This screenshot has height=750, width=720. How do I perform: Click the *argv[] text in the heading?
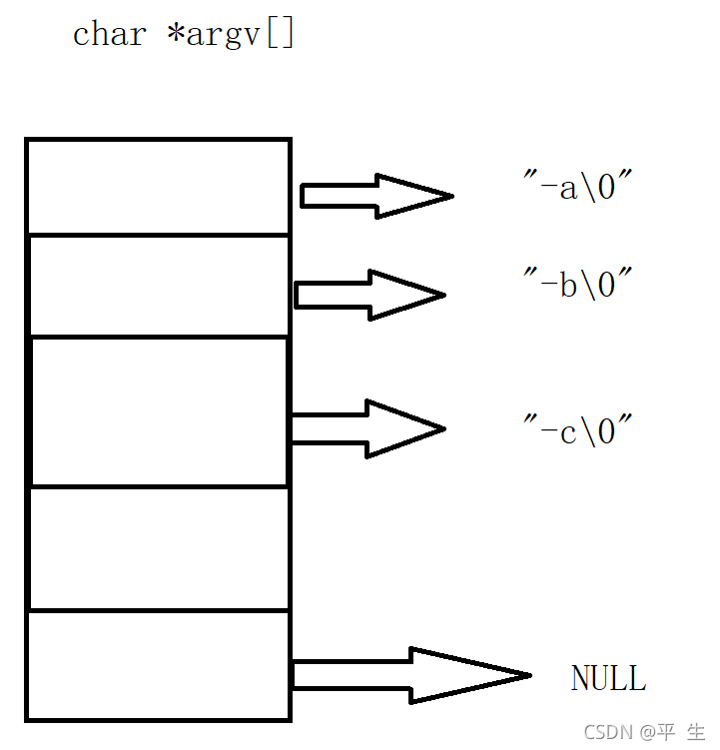[231, 34]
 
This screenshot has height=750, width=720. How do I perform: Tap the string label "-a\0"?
[579, 187]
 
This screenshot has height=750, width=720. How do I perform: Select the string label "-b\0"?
[579, 285]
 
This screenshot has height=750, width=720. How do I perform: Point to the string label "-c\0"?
[579, 431]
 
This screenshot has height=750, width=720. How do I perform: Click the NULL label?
[608, 679]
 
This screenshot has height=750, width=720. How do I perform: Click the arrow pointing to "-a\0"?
[375, 195]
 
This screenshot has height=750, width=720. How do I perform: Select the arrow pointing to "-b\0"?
[369, 295]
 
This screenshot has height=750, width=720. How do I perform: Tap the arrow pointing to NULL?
[409, 676]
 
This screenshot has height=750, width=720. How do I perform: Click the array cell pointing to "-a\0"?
[158, 187]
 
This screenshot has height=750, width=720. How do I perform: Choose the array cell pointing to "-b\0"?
[158, 286]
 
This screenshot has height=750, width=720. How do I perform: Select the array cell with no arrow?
[158, 548]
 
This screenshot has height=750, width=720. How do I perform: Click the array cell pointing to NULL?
[158, 664]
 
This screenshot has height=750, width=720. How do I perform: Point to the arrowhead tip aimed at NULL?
[527, 676]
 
